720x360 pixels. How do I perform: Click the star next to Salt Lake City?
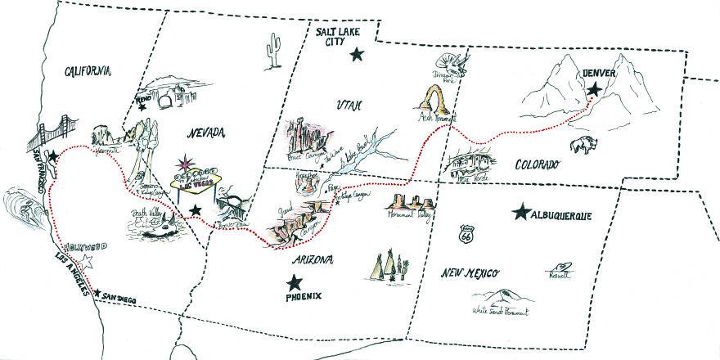356,55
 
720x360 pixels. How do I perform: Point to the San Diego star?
98,293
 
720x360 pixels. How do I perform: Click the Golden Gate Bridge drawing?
50,132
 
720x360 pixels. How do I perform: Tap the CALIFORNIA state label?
87,72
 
